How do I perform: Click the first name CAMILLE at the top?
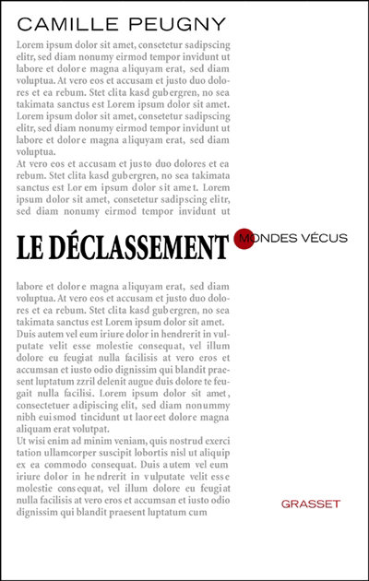pos(64,18)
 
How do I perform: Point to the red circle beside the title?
pos(245,239)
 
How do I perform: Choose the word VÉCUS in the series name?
pos(326,238)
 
